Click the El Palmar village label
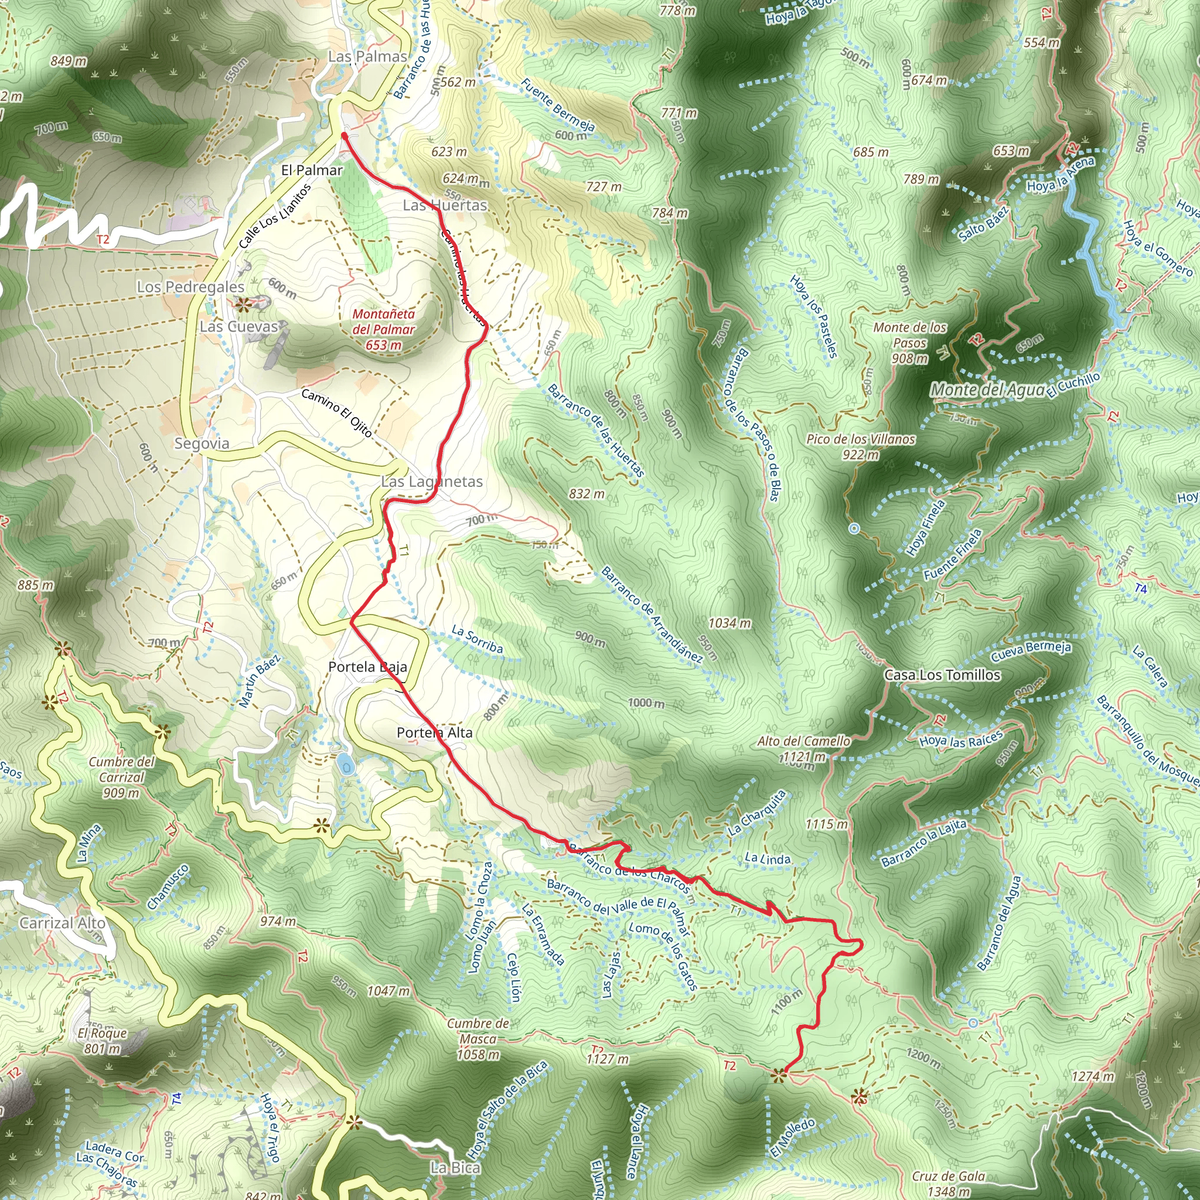point(312,170)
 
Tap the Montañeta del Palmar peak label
point(384,329)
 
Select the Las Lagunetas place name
point(432,482)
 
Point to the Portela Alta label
point(435,733)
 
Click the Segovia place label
point(202,444)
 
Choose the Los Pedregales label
point(190,287)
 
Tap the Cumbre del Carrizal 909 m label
point(122,777)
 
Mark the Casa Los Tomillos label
point(942,675)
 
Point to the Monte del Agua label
point(987,390)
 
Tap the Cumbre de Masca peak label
point(478,1039)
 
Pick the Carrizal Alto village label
point(62,923)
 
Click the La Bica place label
point(455,1168)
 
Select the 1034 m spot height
point(730,623)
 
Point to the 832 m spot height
point(587,494)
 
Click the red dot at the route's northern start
point(344,134)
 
